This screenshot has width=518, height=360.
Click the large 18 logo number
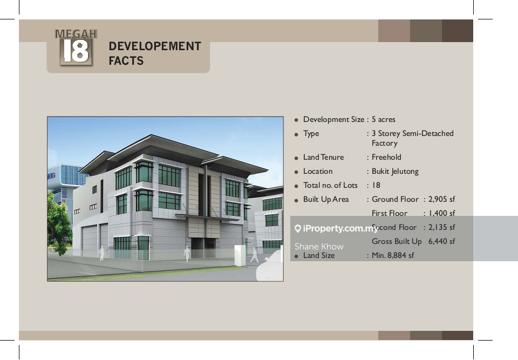[x=76, y=51]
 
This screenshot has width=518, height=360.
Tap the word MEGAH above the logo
[x=76, y=33]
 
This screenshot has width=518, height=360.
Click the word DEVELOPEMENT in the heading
[x=155, y=46]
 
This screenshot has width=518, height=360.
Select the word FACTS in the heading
[x=126, y=61]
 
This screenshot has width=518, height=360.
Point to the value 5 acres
[x=384, y=119]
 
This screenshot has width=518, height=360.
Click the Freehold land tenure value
[x=386, y=157]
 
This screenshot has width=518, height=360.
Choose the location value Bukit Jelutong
[x=395, y=171]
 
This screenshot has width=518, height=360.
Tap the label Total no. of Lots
[x=330, y=185]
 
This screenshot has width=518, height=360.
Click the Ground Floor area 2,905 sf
[x=441, y=199]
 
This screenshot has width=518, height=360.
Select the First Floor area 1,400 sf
[x=441, y=213]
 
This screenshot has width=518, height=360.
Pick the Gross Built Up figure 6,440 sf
[x=441, y=241]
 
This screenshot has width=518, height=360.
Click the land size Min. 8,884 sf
[x=393, y=255]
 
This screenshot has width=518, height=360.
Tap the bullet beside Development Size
[x=297, y=120]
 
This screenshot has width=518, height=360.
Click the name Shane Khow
[x=319, y=247]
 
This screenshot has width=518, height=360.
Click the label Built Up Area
[x=326, y=199]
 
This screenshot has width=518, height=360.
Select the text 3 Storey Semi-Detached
[x=413, y=133]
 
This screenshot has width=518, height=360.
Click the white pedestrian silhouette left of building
[x=101, y=253]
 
